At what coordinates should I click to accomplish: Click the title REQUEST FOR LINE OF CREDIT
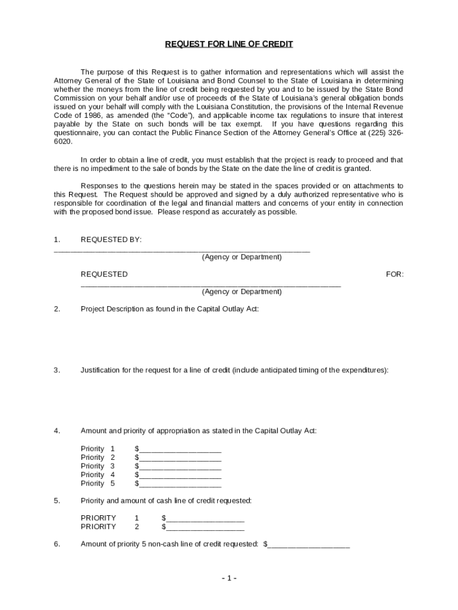click(229, 45)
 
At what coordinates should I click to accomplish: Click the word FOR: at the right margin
click(394, 275)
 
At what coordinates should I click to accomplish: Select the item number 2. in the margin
click(57, 309)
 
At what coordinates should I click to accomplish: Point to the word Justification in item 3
click(101, 370)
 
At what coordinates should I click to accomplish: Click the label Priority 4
click(98, 475)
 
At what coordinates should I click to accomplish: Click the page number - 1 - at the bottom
click(229, 578)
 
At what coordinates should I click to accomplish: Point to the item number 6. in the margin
click(57, 544)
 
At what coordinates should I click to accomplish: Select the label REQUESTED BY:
click(111, 239)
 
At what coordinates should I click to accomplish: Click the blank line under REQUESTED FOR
click(211, 285)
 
